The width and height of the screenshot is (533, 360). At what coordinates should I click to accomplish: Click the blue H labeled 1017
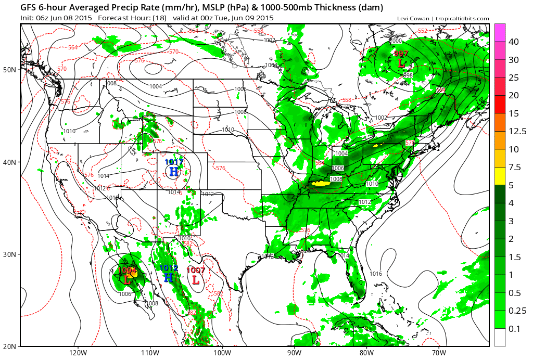coord(174,171)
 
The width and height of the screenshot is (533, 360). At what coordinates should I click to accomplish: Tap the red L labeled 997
coord(401,63)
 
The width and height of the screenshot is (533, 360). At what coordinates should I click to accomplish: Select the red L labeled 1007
coord(196,279)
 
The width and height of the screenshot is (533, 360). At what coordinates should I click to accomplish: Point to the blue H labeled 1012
coord(169,278)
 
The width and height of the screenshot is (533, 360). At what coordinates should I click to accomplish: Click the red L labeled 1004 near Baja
coord(128,279)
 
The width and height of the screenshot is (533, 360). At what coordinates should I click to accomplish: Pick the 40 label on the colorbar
coord(513,42)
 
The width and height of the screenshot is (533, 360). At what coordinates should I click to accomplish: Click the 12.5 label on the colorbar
coord(516,131)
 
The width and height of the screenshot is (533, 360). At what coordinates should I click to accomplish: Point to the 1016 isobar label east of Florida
coord(376,274)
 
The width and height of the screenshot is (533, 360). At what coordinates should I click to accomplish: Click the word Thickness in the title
coord(335,8)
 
